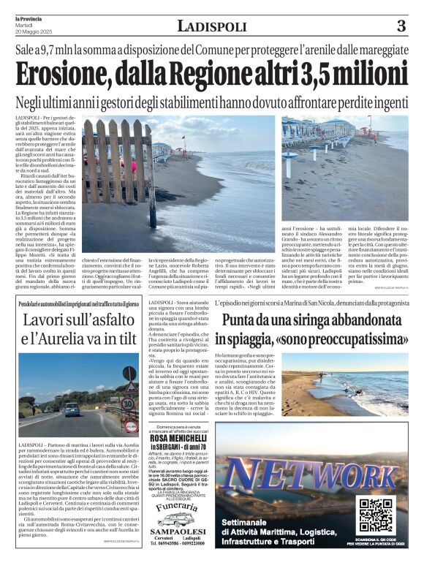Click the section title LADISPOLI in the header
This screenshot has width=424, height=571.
pyautogui.click(x=212, y=27)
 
